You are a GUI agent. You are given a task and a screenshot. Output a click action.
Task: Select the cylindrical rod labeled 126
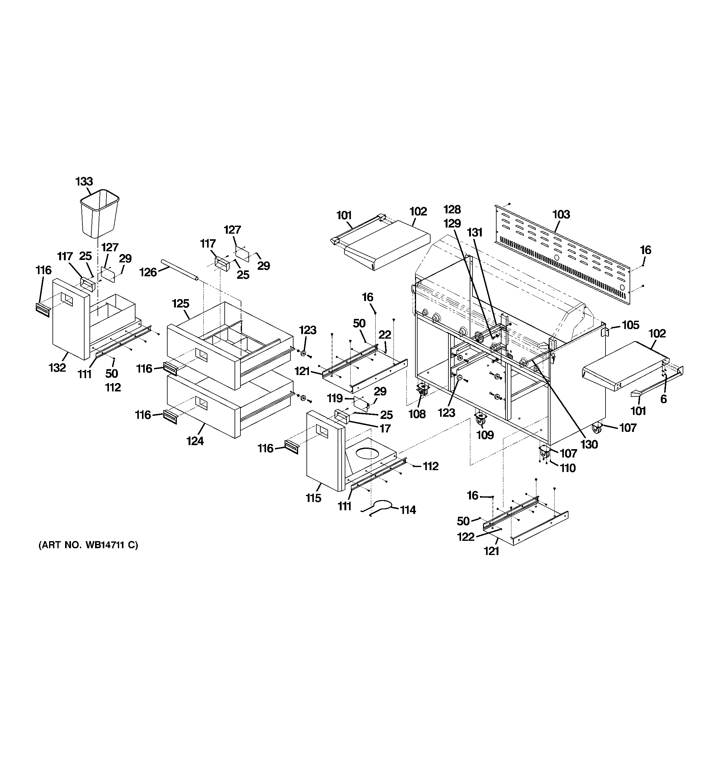[x=180, y=270]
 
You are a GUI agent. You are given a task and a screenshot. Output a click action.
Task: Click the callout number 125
[x=181, y=304]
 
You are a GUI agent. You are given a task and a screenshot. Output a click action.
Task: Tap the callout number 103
[x=561, y=215]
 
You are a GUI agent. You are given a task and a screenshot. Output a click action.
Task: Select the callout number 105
[x=630, y=325]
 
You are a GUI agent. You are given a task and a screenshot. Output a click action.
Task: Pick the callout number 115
[x=313, y=498]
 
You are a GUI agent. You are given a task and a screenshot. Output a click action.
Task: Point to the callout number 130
[x=589, y=444]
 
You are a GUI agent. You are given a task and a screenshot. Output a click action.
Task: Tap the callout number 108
[x=417, y=414]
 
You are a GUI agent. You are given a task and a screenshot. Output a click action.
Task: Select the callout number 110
[x=568, y=468]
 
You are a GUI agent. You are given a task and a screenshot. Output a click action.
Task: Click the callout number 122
[x=466, y=537]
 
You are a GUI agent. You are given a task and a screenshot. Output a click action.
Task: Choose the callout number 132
[x=57, y=368]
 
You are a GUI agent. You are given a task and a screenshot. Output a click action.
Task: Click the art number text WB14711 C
[x=88, y=545]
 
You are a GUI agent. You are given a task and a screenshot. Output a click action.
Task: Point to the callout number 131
[x=475, y=232]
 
